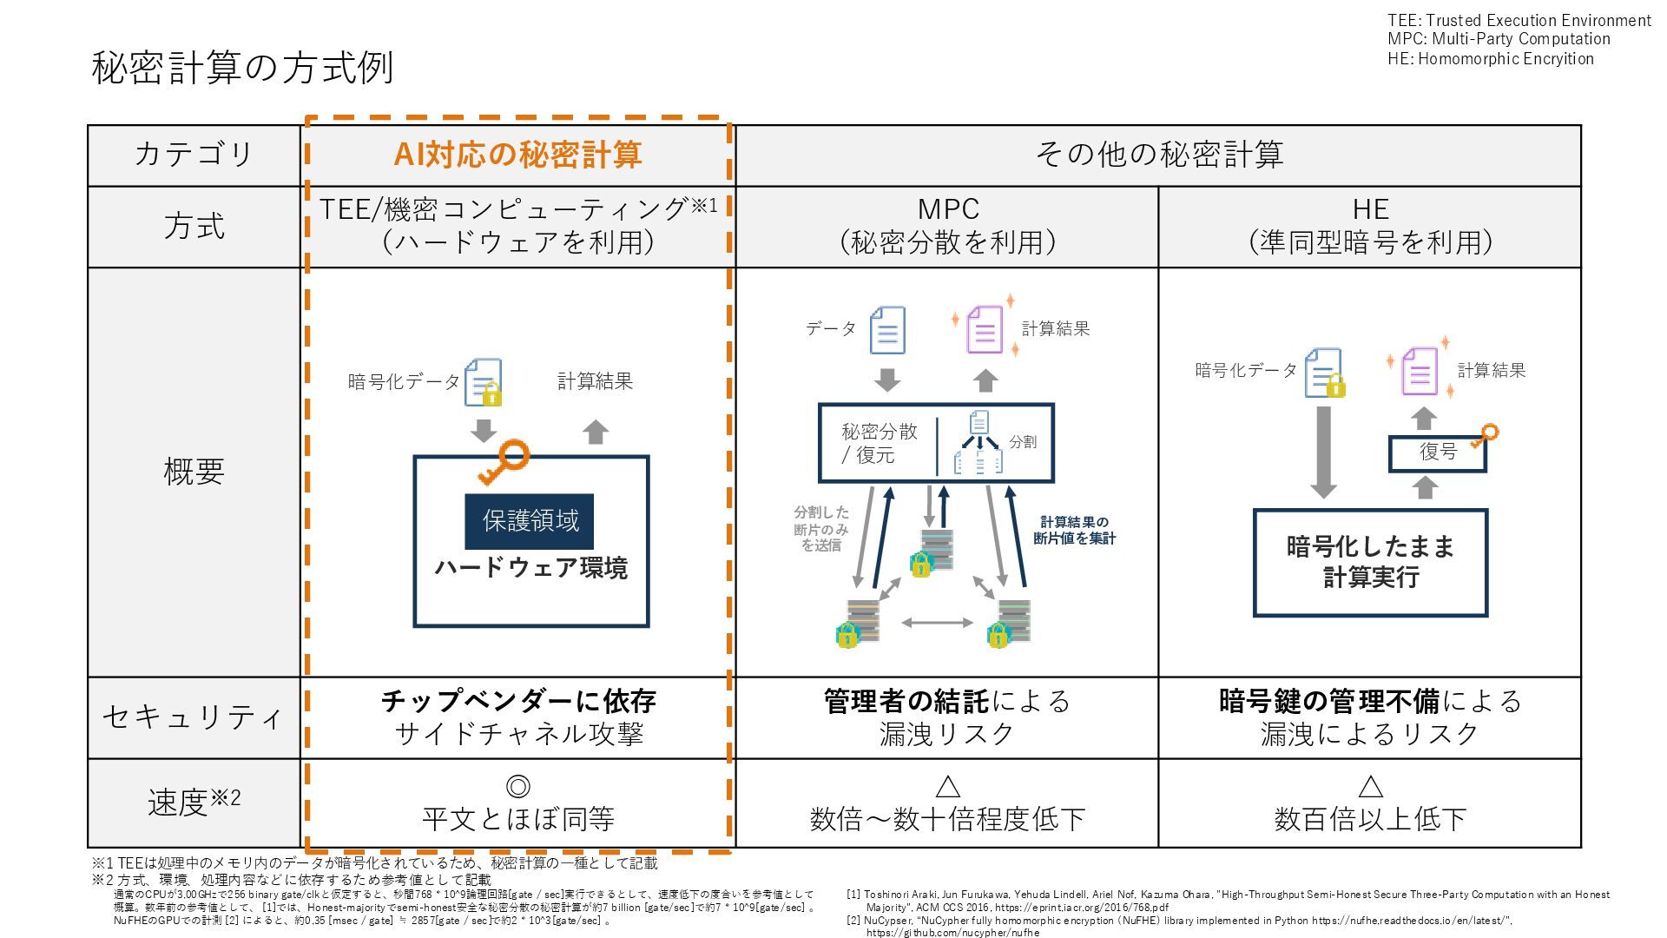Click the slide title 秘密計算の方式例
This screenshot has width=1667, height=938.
pos(242,68)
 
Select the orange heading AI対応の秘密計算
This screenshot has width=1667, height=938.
pos(517,155)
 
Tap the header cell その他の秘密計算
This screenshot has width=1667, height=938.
pos(1158,155)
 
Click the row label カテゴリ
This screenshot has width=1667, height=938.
pos(194,155)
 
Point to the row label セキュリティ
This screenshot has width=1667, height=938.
pos(194,717)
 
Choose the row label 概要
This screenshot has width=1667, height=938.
pos(194,472)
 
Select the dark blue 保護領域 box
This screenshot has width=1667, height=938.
pos(530,521)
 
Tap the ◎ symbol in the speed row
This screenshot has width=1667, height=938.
pos(517,787)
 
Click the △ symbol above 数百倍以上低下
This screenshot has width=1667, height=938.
pos(1369,787)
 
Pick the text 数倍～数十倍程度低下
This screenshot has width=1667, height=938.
pos(947,819)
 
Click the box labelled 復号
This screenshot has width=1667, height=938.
pos(1438,452)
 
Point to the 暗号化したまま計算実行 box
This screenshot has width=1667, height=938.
pos(1370,562)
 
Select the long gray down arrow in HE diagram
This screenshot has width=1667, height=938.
pos(1323,452)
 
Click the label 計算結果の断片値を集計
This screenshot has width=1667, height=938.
pos(1074,530)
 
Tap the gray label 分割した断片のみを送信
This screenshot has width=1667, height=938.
pos(821,528)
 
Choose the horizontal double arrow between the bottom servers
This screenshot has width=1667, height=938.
pos(938,623)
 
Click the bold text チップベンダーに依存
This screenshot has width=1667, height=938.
pos(517,701)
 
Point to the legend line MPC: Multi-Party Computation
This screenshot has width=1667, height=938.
pos(1499,39)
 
